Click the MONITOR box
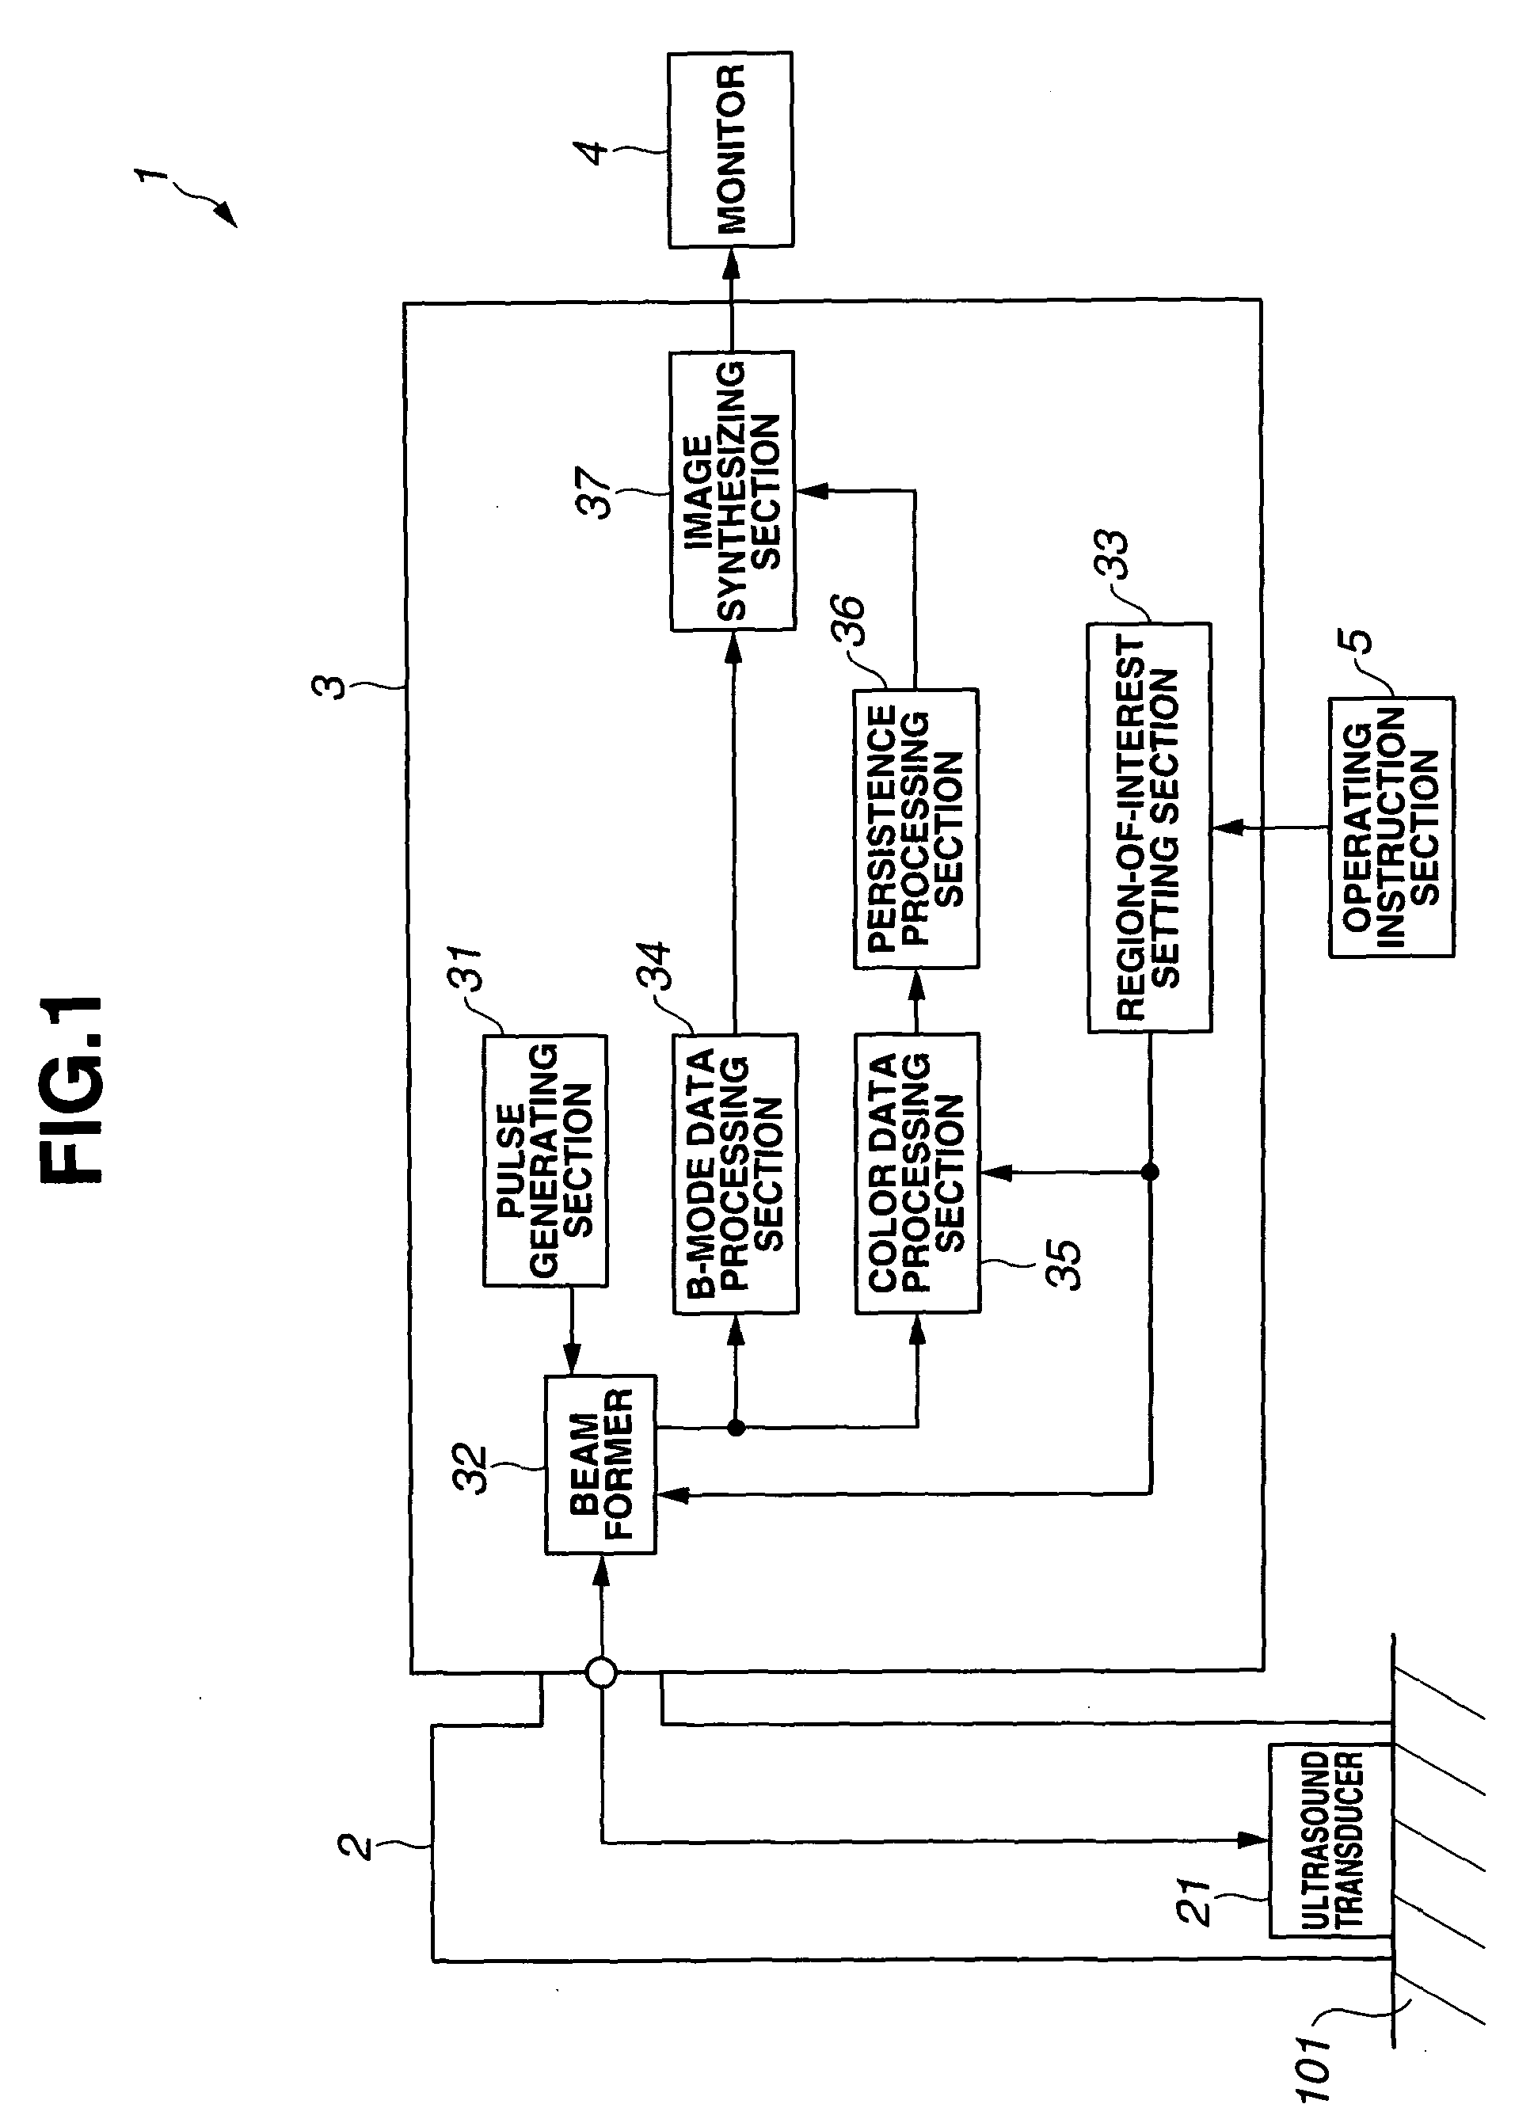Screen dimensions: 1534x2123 730,150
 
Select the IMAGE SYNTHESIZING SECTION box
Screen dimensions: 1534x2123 733,490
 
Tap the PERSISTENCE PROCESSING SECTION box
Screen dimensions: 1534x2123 916,828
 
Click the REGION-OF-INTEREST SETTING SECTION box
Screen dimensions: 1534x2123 1149,828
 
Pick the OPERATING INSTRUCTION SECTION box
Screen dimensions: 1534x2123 1391,827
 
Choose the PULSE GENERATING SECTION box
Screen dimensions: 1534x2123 545,1161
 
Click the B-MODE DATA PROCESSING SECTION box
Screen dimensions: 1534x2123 736,1173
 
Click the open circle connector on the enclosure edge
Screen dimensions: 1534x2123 601,1672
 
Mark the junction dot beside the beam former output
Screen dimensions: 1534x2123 736,1428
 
